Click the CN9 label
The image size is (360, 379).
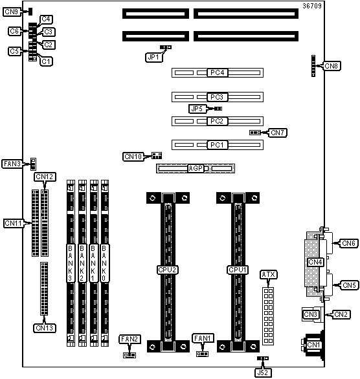click(12, 12)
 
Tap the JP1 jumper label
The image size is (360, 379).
click(153, 58)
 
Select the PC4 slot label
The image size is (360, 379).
click(218, 72)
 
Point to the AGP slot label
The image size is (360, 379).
click(196, 168)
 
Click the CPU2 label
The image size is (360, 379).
click(168, 270)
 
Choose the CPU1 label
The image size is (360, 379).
click(238, 270)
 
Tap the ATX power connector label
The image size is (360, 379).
click(268, 275)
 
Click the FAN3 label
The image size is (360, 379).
click(12, 164)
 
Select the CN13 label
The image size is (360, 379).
click(44, 328)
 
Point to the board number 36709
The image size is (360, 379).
click(312, 6)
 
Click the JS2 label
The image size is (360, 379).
click(263, 373)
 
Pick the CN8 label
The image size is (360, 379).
click(332, 66)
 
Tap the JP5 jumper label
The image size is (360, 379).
click(197, 109)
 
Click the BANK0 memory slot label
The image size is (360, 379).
click(104, 263)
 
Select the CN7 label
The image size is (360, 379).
click(278, 133)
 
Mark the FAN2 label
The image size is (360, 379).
click(129, 339)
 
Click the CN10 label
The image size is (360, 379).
click(133, 157)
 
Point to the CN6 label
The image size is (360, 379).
click(348, 243)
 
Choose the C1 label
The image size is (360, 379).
click(46, 61)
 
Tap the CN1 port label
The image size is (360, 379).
click(313, 345)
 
